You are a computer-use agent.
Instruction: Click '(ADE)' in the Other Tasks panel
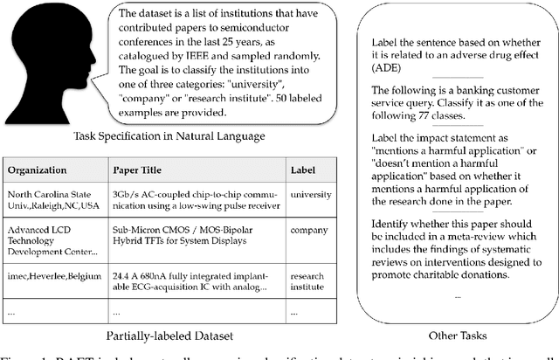(x=389, y=69)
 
